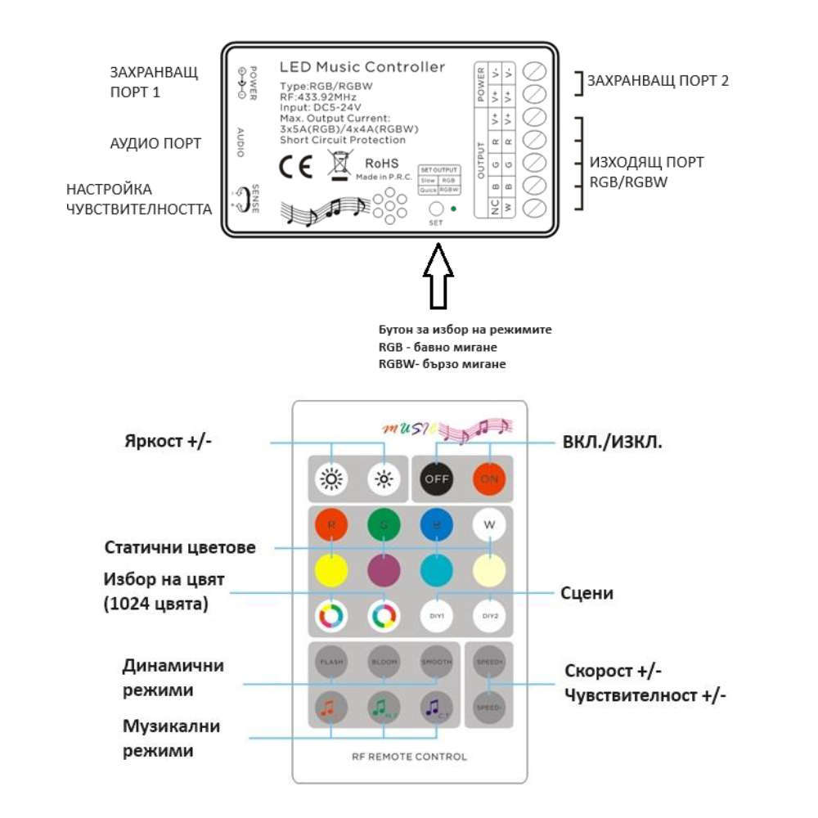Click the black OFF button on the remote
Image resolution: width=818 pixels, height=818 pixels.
[437, 479]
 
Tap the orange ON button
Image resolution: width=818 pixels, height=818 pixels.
[489, 479]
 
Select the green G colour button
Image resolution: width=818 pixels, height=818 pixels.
[383, 525]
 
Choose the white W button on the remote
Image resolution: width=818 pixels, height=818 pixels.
[489, 525]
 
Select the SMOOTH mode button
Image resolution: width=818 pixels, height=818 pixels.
[436, 661]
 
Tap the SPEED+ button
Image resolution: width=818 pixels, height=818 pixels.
[489, 661]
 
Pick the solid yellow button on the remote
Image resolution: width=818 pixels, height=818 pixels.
[330, 569]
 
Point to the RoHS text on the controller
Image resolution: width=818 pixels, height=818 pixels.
[380, 162]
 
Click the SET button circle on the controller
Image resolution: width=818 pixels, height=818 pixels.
[436, 209]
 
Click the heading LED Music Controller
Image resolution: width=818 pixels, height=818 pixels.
[362, 67]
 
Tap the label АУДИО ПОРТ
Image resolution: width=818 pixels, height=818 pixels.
[155, 144]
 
